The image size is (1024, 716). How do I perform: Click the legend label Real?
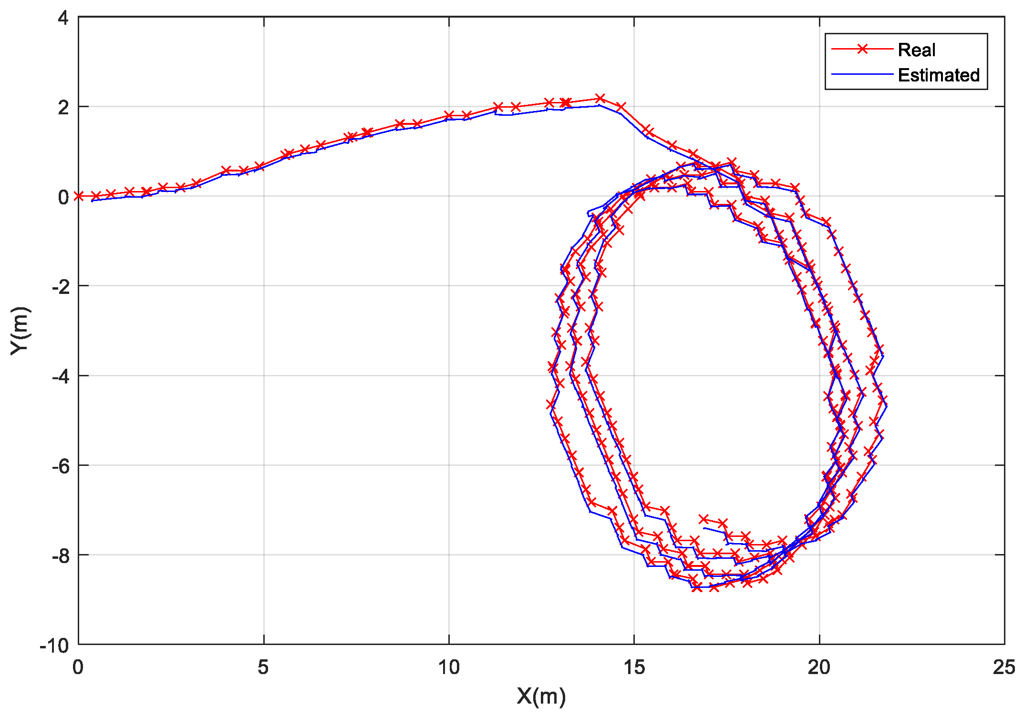click(x=916, y=50)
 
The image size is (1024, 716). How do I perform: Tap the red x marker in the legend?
click(x=862, y=49)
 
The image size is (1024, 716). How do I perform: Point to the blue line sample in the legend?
click(x=862, y=74)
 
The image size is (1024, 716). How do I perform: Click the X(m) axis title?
click(x=541, y=696)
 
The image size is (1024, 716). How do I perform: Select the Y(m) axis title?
click(x=21, y=331)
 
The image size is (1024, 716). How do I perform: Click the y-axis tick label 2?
click(x=63, y=108)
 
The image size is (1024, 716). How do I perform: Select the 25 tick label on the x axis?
click(x=1003, y=667)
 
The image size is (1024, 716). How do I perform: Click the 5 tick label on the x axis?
click(x=263, y=667)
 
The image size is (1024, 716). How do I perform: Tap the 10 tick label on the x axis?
click(x=448, y=667)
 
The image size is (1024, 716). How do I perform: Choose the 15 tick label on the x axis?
click(x=634, y=667)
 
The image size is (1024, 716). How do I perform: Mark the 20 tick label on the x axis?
click(x=819, y=667)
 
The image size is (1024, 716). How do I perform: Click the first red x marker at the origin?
click(x=79, y=196)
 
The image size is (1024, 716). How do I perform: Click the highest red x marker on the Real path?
click(x=600, y=98)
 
